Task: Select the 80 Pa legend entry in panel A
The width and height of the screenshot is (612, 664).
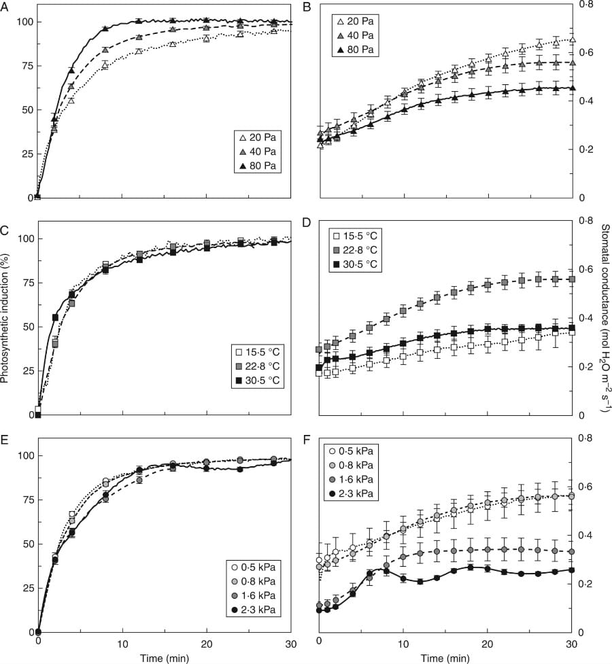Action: tap(256, 165)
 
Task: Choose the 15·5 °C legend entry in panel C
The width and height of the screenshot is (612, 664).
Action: tap(255, 353)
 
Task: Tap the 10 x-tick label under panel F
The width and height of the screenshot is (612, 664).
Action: tap(403, 642)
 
